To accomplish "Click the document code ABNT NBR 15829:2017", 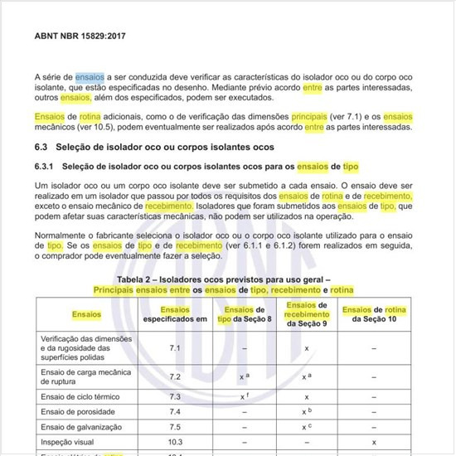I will (x=85, y=36).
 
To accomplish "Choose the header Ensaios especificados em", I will (x=175, y=314).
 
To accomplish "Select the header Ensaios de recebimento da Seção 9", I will (x=307, y=314).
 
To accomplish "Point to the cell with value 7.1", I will (x=175, y=348).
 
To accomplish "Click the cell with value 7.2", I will (x=175, y=376).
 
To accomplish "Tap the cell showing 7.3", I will (x=175, y=396).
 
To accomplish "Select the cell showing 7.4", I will (x=175, y=411).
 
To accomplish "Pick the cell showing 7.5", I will (x=175, y=427).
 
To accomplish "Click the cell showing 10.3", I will (x=175, y=442).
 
